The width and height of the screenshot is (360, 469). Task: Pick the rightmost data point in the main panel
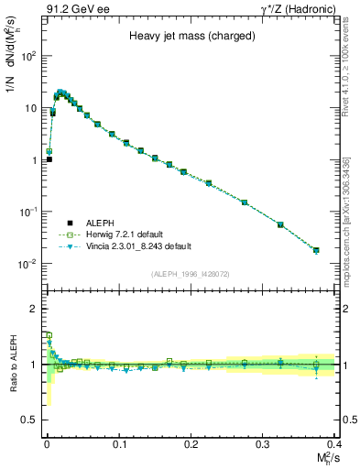[x=316, y=249]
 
